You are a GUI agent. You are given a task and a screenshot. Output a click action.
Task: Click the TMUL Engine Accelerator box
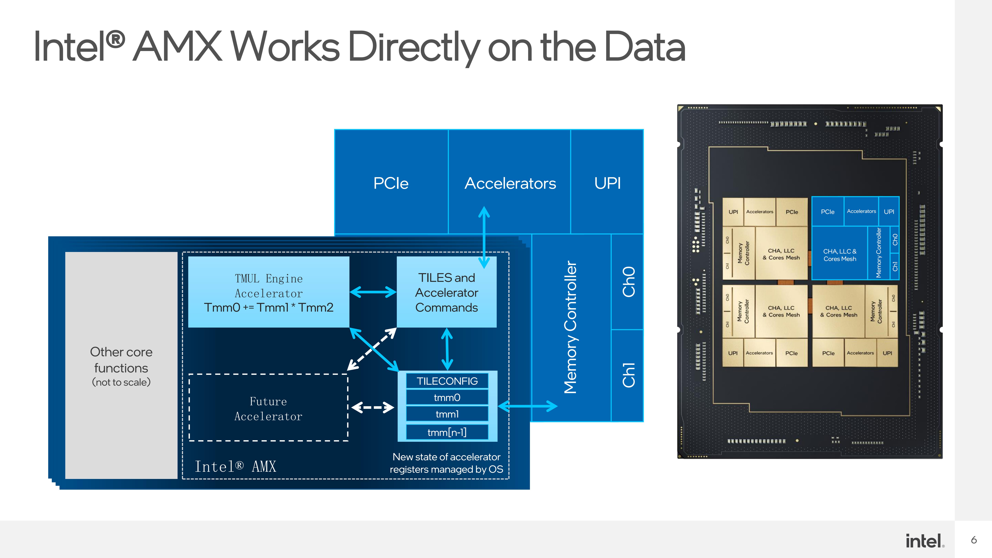[x=268, y=292]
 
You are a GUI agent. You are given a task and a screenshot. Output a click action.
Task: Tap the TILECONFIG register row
[x=447, y=381]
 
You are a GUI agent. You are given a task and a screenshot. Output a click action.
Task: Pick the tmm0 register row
[x=447, y=397]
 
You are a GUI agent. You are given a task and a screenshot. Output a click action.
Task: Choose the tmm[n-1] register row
[x=447, y=432]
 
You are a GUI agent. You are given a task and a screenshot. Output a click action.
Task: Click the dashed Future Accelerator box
[x=268, y=407]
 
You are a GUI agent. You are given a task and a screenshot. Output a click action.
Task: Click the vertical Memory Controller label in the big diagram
[x=571, y=327]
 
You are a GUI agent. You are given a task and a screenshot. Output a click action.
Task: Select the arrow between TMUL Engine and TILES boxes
[x=373, y=292]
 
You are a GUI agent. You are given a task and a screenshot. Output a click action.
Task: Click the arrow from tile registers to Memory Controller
[x=528, y=406]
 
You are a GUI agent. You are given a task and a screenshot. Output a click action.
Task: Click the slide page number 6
[x=974, y=540]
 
